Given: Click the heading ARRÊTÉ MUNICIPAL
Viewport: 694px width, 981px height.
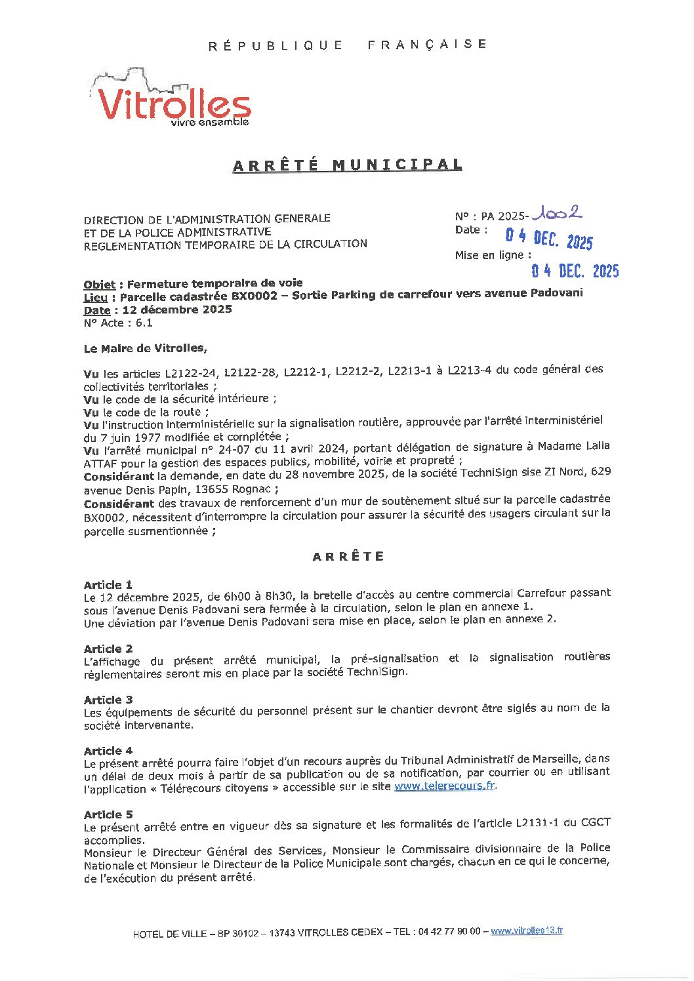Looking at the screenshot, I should (348, 165).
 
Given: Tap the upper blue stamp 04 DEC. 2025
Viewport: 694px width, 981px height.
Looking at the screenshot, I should (548, 239).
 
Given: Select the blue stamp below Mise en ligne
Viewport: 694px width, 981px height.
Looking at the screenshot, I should (575, 270).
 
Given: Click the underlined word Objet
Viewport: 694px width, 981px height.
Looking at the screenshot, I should (99, 285).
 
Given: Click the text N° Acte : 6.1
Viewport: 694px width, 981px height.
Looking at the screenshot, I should (118, 323).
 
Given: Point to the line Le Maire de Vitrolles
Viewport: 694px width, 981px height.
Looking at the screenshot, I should (145, 348).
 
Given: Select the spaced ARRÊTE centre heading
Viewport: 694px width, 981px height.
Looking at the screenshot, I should (348, 557).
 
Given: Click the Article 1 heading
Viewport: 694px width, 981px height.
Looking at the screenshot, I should (108, 584).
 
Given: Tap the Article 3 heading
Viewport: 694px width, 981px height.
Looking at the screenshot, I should (108, 700).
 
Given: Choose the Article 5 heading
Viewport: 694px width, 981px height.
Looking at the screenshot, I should (108, 814).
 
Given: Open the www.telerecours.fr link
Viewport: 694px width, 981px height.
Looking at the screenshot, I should (445, 786).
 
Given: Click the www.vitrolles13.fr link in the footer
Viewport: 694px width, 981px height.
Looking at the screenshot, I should (526, 931).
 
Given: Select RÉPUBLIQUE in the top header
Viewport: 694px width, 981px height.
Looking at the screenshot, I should (276, 45).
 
